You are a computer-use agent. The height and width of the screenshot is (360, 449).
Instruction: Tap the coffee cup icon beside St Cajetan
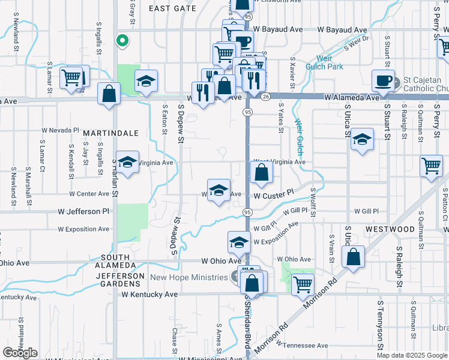click(383, 80)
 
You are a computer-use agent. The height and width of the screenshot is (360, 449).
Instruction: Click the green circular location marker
click(122, 41)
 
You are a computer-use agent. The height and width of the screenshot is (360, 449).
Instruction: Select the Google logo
click(20, 353)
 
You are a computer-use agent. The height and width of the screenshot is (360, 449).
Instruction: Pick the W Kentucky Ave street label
click(149, 295)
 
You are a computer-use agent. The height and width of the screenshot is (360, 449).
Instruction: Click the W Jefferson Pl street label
click(83, 212)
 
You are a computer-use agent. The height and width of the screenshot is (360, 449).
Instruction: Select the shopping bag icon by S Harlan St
click(109, 93)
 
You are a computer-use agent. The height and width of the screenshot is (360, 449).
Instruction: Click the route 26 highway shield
click(265, 96)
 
